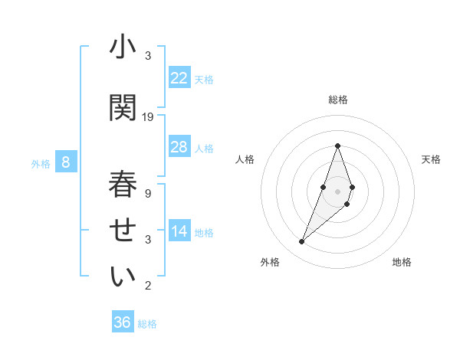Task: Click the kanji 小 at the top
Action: pos(123,49)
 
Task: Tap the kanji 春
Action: pos(123,186)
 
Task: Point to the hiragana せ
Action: pos(123,231)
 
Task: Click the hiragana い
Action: pos(123,277)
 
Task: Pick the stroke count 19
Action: pos(148,117)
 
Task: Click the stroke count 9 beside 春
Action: pos(148,194)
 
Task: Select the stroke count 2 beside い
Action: pos(148,286)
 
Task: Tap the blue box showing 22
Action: pos(179,78)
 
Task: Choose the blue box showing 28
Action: pos(179,147)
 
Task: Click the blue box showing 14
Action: pos(179,231)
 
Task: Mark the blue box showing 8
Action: pos(66,162)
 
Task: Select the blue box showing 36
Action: pos(123,322)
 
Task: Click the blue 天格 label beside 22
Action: pos(204,79)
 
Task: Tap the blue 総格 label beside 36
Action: pos(147,324)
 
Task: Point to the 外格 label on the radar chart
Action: pos(270,262)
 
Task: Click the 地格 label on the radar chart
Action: pos(402,262)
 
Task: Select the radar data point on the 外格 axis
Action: pos(302,241)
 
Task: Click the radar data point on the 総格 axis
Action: pos(338,146)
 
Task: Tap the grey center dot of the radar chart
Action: pos(338,191)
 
